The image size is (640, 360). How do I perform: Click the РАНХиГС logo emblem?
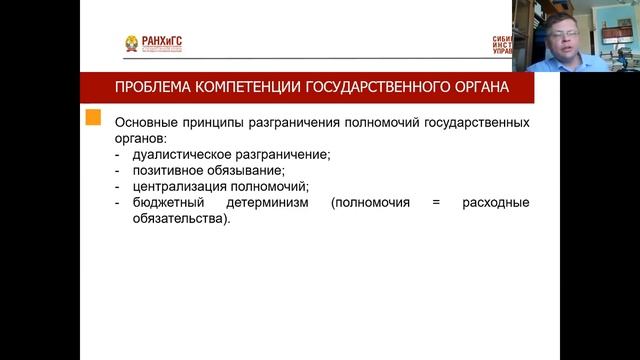tap(132, 44)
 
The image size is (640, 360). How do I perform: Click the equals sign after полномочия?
tap(436, 203)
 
